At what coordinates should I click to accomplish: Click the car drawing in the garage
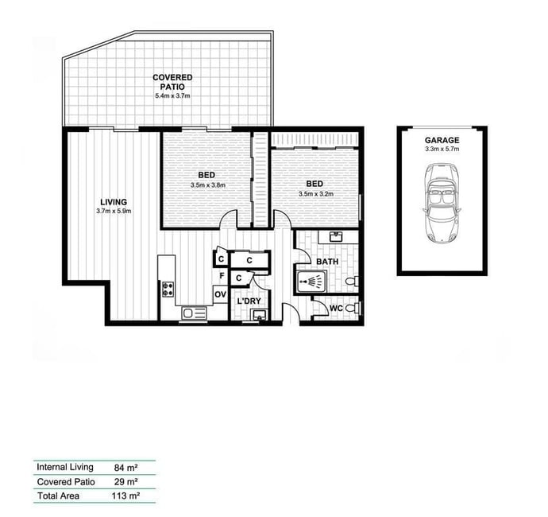tap(442, 203)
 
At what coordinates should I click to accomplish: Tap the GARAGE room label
tap(442, 140)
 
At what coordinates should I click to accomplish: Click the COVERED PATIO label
tap(172, 82)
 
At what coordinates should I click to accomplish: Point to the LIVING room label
tap(114, 202)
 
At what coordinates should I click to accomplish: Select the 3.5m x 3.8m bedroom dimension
tap(208, 185)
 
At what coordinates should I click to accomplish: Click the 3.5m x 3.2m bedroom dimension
tap(315, 194)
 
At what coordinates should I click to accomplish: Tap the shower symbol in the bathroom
tap(311, 281)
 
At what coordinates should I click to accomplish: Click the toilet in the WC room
tap(353, 309)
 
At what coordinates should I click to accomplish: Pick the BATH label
tap(327, 262)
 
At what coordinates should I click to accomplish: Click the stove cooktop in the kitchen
tap(168, 290)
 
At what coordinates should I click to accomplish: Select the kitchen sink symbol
tap(195, 313)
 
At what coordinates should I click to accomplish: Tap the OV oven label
tap(221, 295)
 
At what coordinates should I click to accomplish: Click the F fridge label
tap(222, 276)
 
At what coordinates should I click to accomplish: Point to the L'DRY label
tap(249, 301)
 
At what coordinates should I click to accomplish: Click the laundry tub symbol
tap(260, 315)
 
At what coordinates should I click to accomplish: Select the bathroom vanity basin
tap(336, 237)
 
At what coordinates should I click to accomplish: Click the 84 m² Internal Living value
tap(125, 468)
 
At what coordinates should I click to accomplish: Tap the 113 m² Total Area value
tap(125, 496)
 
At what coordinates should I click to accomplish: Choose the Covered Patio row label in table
tap(66, 482)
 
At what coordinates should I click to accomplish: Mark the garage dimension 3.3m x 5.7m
tap(442, 149)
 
